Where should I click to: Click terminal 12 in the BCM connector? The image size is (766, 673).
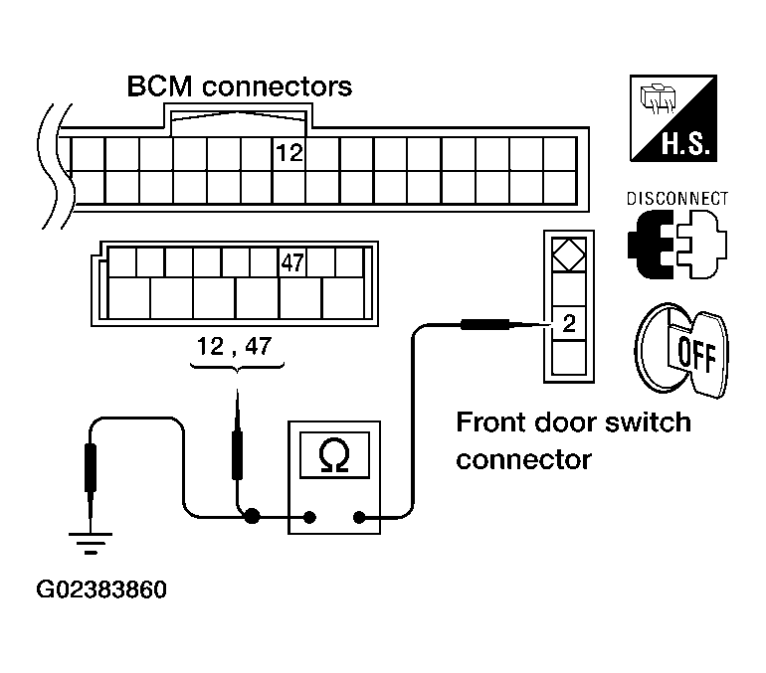click(x=289, y=153)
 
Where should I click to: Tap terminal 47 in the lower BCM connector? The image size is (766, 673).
click(x=292, y=263)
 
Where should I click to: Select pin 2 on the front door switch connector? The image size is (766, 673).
click(x=569, y=323)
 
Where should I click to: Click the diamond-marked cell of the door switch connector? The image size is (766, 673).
click(x=569, y=254)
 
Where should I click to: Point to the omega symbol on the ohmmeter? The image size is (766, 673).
click(x=334, y=455)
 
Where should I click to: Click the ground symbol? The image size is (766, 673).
click(x=91, y=543)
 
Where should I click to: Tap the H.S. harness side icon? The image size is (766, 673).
click(x=673, y=118)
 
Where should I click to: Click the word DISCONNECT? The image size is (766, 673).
click(x=677, y=199)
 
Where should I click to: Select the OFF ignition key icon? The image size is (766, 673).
click(x=681, y=350)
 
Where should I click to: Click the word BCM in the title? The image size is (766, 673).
click(x=159, y=86)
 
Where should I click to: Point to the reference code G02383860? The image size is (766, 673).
click(x=101, y=589)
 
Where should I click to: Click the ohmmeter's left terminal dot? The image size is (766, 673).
click(x=309, y=517)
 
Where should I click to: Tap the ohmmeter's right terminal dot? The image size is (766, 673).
click(x=359, y=517)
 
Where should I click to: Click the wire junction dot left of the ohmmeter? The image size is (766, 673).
click(x=252, y=516)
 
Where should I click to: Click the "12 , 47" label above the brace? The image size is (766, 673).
click(x=234, y=347)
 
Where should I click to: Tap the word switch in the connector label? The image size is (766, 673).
click(x=648, y=422)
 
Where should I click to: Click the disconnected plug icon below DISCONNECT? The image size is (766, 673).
click(x=677, y=245)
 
